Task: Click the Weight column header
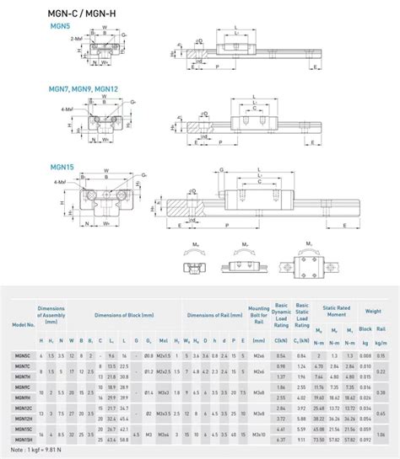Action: coord(373,312)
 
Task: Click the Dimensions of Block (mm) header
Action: coord(123,314)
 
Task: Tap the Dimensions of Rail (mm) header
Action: coord(212,314)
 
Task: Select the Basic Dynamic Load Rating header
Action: coord(280,314)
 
